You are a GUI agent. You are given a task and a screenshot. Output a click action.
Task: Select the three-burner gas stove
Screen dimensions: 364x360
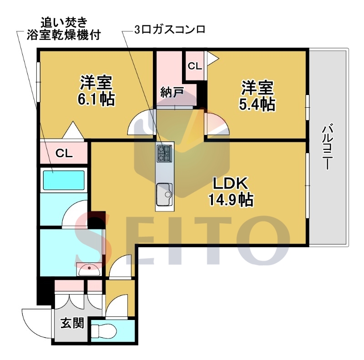164,153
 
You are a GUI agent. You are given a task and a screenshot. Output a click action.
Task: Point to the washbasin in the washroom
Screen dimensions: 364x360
89,270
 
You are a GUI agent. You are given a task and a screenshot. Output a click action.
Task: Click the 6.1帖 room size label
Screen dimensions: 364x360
96,100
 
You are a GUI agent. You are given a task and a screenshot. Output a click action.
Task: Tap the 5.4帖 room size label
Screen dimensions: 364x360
257,105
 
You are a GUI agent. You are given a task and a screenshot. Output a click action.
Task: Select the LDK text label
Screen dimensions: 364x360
231,184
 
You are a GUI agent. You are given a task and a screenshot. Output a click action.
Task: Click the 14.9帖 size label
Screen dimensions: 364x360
231,200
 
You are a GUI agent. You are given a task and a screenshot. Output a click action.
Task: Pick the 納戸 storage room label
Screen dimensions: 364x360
172,92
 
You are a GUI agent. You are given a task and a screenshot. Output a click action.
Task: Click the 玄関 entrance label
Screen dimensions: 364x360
72,323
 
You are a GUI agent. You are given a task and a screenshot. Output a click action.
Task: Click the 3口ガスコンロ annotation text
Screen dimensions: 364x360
170,30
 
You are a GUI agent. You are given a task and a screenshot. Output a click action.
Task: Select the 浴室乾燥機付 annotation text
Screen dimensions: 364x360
64,35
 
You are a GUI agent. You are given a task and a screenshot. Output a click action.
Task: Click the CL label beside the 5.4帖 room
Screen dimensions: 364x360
195,66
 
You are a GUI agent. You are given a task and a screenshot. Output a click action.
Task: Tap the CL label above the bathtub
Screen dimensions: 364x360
64,153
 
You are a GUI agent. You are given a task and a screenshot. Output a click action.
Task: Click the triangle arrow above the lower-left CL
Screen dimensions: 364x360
73,130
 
